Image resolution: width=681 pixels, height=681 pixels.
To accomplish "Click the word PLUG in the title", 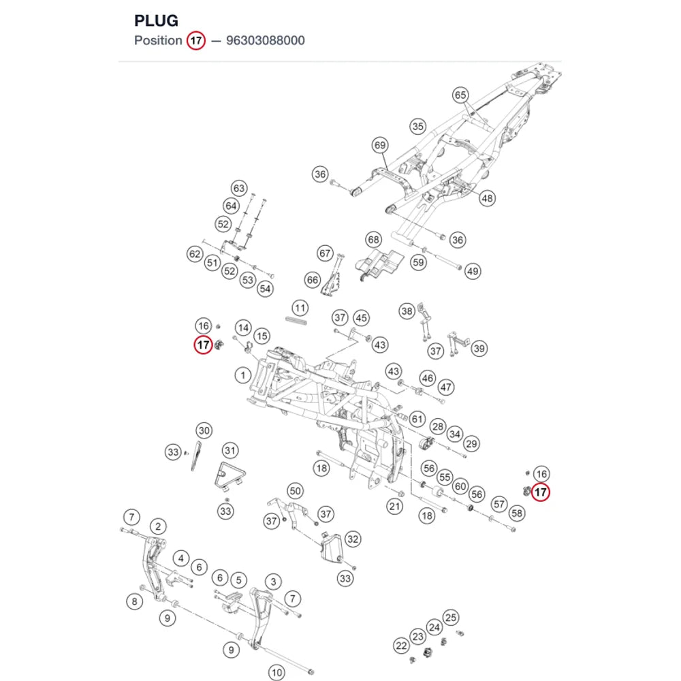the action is pyautogui.click(x=156, y=20).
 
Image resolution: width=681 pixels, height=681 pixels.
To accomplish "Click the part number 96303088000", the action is pyautogui.click(x=266, y=40).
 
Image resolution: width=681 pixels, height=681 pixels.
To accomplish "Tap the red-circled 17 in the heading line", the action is pyautogui.click(x=196, y=40).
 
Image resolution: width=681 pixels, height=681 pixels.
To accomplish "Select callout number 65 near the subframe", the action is pyautogui.click(x=460, y=95).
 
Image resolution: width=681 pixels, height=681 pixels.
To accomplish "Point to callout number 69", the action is pyautogui.click(x=380, y=145).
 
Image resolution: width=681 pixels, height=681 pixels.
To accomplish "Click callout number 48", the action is pyautogui.click(x=488, y=198).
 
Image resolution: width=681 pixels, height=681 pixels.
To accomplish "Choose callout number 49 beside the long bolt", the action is pyautogui.click(x=473, y=272).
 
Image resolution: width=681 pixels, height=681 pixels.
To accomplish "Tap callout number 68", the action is pyautogui.click(x=373, y=239).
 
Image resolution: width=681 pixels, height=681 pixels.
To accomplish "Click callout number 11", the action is pyautogui.click(x=300, y=308).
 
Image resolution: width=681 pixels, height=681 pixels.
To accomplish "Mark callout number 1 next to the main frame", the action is pyautogui.click(x=243, y=375).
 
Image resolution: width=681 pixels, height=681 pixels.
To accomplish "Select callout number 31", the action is pyautogui.click(x=230, y=450).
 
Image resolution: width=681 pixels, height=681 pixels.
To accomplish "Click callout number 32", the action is pyautogui.click(x=353, y=539).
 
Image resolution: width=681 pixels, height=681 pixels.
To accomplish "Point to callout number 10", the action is pyautogui.click(x=276, y=672).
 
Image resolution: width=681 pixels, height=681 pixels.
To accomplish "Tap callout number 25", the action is pyautogui.click(x=451, y=618).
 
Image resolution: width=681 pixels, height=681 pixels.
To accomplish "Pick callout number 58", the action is pyautogui.click(x=517, y=513).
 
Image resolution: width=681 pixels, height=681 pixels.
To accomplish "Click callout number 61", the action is pyautogui.click(x=417, y=419).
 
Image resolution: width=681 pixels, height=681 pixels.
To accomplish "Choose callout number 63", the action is pyautogui.click(x=239, y=189).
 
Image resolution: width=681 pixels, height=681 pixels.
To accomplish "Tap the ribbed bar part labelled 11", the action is pyautogui.click(x=297, y=321).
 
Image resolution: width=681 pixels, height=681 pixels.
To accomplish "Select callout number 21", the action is pyautogui.click(x=394, y=506).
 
